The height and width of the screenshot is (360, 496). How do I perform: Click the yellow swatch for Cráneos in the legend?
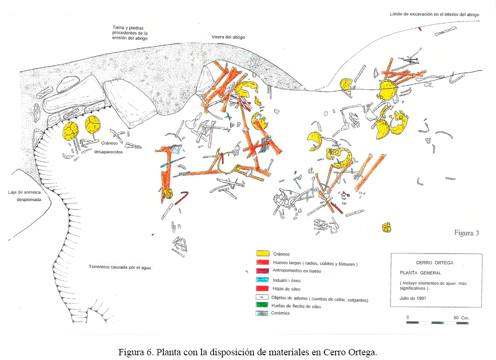263,253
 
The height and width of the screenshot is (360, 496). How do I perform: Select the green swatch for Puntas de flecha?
262,305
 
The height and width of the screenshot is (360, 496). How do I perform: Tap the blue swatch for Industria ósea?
262,280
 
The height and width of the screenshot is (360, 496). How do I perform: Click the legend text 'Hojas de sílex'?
286,289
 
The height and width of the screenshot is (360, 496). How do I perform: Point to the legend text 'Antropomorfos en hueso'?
297,271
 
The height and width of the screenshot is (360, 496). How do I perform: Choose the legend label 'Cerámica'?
280,313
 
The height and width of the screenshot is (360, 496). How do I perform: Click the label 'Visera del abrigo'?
228,37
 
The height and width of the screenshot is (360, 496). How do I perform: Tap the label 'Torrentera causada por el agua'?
120,267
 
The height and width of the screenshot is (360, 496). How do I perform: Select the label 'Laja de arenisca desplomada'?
25,196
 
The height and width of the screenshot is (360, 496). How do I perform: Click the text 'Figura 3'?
467,233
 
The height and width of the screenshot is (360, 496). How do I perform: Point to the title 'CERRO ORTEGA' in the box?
435,263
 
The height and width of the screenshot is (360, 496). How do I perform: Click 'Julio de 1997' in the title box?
413,298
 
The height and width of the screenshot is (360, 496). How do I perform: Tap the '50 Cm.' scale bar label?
461,317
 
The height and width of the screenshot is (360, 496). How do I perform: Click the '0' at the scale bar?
408,317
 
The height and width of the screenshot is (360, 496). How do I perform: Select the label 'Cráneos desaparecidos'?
109,147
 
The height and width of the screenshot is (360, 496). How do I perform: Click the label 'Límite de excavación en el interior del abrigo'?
434,14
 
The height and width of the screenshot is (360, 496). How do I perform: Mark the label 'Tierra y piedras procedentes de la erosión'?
130,33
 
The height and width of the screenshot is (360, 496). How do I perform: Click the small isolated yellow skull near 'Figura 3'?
386,227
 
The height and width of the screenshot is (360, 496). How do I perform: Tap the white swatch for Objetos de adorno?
262,297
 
